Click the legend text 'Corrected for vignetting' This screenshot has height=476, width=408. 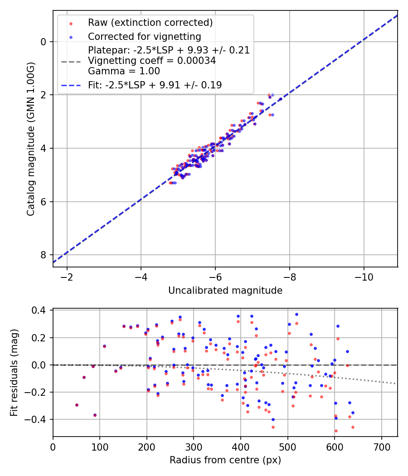point(145,36)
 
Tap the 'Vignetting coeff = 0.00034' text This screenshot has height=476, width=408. point(152,60)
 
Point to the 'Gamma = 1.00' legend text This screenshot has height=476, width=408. point(124,71)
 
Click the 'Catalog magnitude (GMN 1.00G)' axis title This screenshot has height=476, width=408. point(30,139)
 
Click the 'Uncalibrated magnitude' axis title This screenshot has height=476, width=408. point(225,291)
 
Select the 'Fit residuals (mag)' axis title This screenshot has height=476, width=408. point(14,373)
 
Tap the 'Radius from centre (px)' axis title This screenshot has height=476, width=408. point(225,460)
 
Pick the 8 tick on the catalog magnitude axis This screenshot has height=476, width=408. point(44,255)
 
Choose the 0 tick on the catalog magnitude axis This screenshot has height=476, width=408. point(44,42)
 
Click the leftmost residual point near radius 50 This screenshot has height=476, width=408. point(77,405)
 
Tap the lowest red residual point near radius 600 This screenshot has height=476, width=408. point(336,431)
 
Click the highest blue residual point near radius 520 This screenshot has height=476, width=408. point(296,314)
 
